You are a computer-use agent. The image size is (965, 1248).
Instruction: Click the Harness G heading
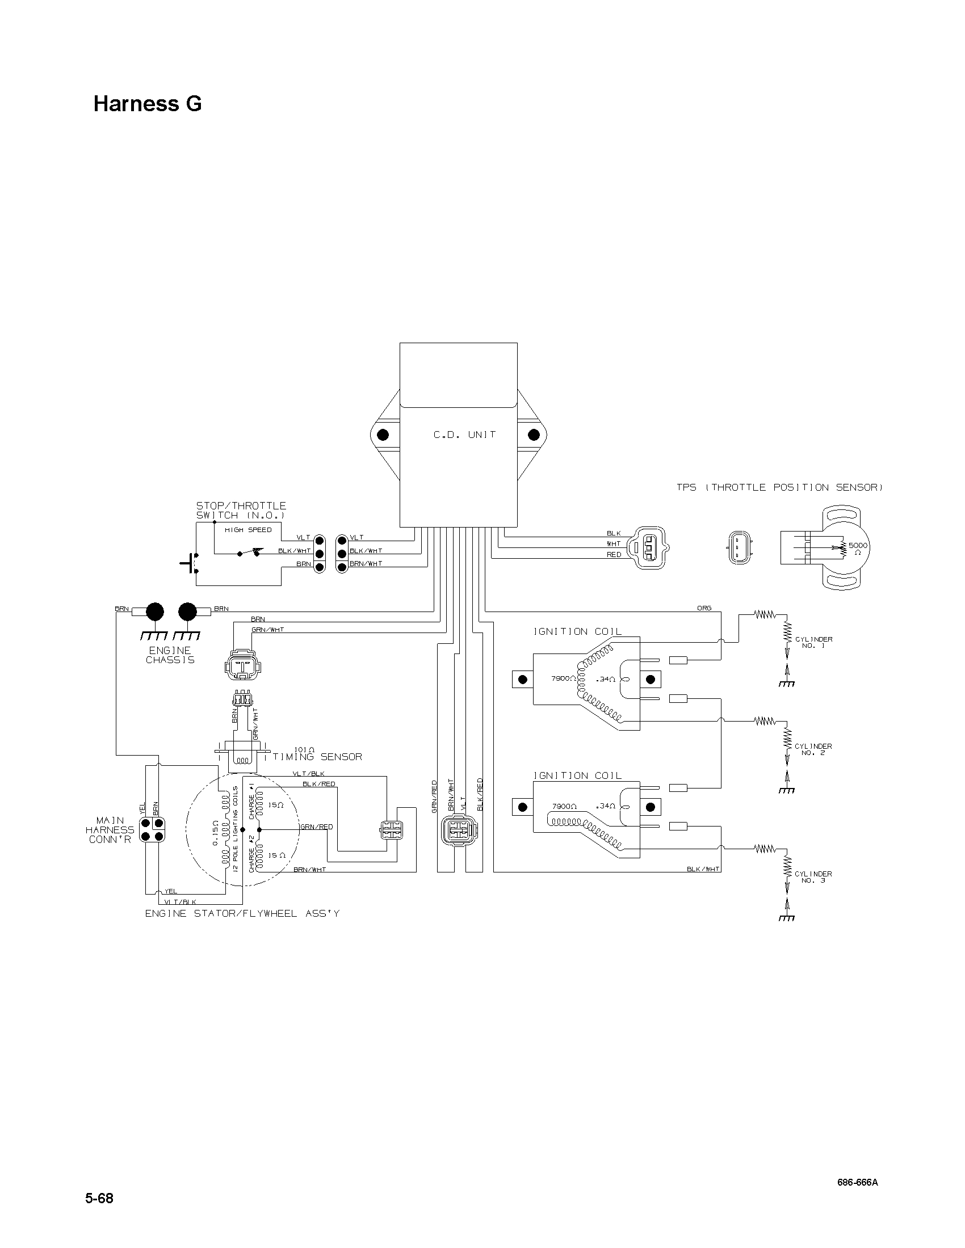pos(148,104)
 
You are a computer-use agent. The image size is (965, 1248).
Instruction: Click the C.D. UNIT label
pos(464,435)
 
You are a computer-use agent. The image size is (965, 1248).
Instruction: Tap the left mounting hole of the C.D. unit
pos(383,435)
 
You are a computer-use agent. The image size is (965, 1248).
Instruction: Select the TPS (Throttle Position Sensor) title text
pos(780,487)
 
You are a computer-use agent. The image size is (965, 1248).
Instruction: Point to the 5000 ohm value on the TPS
pos(858,546)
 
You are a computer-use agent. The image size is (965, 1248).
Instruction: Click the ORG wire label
pos(704,608)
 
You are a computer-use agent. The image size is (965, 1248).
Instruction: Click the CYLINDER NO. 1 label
pos(813,642)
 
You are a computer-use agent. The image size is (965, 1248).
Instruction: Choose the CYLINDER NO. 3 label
pos(813,877)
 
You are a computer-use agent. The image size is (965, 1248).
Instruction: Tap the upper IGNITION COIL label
pos(577,631)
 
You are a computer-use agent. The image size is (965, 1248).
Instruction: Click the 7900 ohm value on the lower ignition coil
pos(564,806)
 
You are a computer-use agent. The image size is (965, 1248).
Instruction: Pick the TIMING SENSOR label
pos(317,757)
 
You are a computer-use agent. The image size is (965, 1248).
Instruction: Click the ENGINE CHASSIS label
pos(170,655)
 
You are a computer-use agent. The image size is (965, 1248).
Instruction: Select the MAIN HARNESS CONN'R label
pos(110,830)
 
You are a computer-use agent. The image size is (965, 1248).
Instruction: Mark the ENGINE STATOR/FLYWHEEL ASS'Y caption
pos(242,914)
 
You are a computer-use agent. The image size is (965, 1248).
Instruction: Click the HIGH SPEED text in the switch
pos(248,530)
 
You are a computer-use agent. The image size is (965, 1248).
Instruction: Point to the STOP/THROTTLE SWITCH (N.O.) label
pos(241,511)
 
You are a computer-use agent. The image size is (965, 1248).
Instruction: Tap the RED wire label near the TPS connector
pos(614,555)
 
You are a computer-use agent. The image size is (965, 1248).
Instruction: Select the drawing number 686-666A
pos(858,1178)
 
